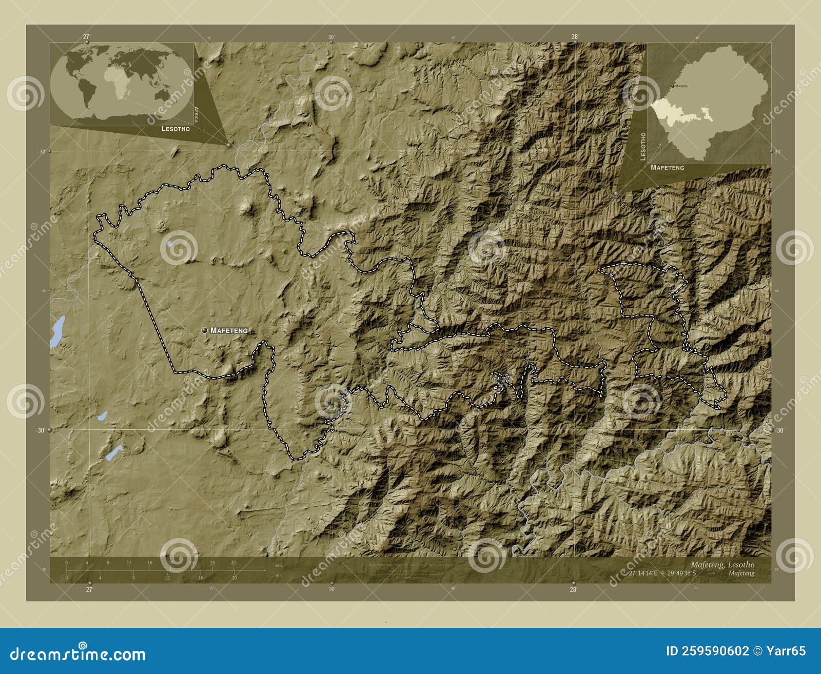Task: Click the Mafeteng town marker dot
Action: pos(205,330)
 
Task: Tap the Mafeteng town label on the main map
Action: pos(229,331)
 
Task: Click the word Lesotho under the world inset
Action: pos(175,129)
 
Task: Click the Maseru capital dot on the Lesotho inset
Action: pos(673,86)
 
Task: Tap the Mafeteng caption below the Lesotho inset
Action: pos(667,168)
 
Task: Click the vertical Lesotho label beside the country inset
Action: pos(643,146)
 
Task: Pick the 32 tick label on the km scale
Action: pos(233,563)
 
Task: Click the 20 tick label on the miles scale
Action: pos(233,578)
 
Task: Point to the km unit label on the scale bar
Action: pos(278,565)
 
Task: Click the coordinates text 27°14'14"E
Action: pos(644,573)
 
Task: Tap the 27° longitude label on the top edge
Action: pos(86,36)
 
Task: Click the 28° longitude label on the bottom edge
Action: pos(573,589)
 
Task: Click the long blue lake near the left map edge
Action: pos(57,331)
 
